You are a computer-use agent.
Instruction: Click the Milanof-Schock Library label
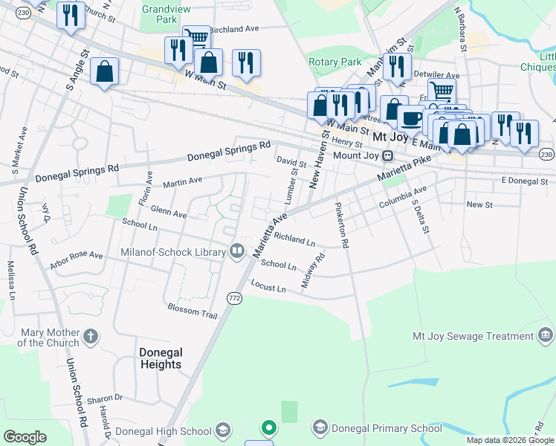[x=173, y=253]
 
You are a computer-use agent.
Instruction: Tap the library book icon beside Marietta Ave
[x=237, y=252]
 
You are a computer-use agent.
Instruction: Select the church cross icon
[x=90, y=337]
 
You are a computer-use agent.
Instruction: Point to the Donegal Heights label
[x=161, y=358]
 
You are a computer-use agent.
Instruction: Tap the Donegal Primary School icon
[x=320, y=427]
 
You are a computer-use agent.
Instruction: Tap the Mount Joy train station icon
[x=387, y=155]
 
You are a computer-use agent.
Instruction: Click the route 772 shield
[x=234, y=297]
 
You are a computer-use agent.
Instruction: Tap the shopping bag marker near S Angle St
[x=105, y=71]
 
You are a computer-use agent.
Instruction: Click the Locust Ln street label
[x=268, y=287]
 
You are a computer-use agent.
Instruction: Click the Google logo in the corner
[x=25, y=437]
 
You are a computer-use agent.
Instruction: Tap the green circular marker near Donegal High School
[x=268, y=428]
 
